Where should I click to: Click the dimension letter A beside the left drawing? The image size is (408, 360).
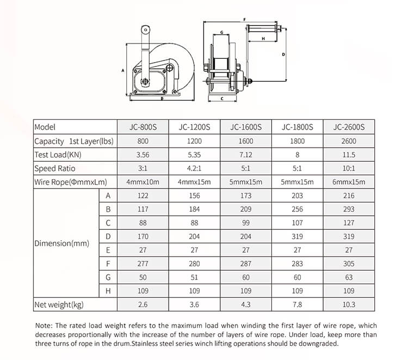click(x=123, y=70)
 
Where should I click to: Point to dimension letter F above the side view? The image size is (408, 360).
click(x=244, y=20)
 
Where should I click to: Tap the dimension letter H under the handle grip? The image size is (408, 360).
click(x=263, y=39)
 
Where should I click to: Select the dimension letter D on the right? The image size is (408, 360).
click(x=283, y=54)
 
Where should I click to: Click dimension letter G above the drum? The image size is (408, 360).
click(x=222, y=32)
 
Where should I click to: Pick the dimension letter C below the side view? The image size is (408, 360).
click(x=223, y=99)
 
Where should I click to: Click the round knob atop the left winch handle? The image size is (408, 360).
click(x=145, y=29)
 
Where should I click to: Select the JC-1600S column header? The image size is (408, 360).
click(x=246, y=127)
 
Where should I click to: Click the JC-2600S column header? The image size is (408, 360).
click(x=349, y=127)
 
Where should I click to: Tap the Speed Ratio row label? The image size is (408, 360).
click(x=55, y=168)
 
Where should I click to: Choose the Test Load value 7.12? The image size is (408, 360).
click(x=246, y=155)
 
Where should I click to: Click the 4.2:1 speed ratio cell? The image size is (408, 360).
click(x=194, y=168)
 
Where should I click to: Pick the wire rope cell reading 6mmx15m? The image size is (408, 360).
click(x=349, y=182)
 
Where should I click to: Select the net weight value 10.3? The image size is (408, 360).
click(x=349, y=305)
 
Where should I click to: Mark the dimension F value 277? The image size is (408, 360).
click(x=143, y=264)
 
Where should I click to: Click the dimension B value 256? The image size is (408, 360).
click(x=298, y=209)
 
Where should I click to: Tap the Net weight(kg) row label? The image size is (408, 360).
click(x=59, y=305)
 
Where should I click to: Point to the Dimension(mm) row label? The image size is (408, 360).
click(x=61, y=243)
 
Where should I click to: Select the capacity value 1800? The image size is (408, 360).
click(x=298, y=141)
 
